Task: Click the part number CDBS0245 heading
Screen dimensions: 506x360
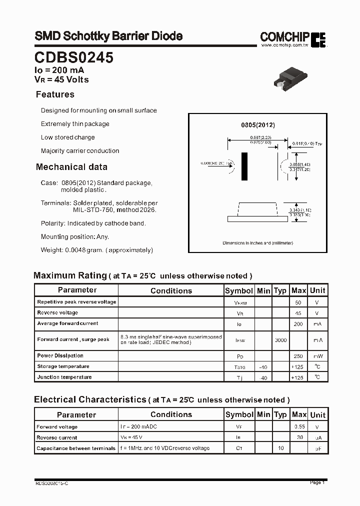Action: coord(74,57)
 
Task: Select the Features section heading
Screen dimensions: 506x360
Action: coord(55,94)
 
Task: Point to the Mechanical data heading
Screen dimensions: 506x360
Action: coord(71,167)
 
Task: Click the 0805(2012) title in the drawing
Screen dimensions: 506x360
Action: coord(258,125)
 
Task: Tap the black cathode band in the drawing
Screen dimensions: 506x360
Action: coord(244,166)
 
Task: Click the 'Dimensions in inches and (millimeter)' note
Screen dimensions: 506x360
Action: coord(258,243)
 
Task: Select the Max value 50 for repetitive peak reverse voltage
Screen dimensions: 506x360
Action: coord(298,302)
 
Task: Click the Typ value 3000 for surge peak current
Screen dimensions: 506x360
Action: coord(280,340)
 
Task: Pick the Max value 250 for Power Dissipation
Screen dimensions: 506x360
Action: coord(298,356)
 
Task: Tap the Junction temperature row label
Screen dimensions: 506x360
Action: coord(64,377)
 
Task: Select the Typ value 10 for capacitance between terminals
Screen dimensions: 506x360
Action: coord(280,448)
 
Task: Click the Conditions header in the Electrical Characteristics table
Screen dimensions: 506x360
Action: coord(171,414)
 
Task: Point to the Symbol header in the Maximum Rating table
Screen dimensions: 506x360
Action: coord(239,290)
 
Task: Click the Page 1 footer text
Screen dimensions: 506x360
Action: coord(317,482)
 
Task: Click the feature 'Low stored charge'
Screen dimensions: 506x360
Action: coord(67,137)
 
